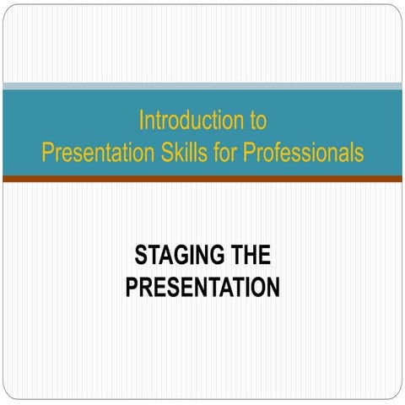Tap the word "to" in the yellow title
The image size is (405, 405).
coord(258,121)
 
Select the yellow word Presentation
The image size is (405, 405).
coord(92,154)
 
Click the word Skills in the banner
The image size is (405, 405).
coord(173,154)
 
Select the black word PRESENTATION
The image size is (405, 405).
coord(202,288)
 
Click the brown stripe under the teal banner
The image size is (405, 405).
coord(202,179)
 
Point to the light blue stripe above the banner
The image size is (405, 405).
coord(202,86)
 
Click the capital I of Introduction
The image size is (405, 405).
coord(142,121)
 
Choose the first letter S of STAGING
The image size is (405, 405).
coord(141,255)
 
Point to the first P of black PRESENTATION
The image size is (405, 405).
coord(132,288)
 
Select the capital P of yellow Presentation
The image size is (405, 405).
coord(47,154)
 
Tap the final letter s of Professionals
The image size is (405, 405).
coord(359,154)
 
